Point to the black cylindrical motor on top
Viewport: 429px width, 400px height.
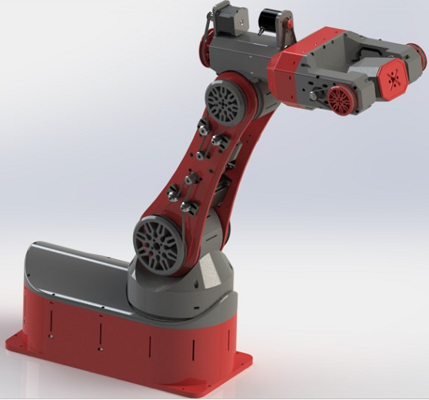[270, 21]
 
